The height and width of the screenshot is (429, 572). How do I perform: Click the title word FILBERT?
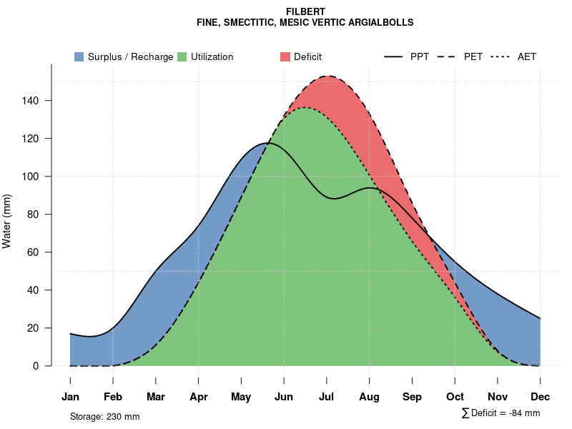pyautogui.click(x=305, y=12)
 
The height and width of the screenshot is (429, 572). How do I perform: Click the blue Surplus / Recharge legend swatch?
pyautogui.click(x=79, y=56)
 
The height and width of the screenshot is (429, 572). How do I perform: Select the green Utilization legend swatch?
pyautogui.click(x=182, y=56)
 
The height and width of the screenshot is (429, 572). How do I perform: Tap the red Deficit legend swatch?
pyautogui.click(x=285, y=56)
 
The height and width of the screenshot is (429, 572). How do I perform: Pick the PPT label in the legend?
pyautogui.click(x=420, y=56)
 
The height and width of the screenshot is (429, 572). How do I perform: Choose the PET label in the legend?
pyautogui.click(x=473, y=56)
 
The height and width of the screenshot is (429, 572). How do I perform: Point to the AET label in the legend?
pyautogui.click(x=527, y=56)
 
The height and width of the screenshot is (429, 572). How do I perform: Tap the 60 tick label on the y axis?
pyautogui.click(x=34, y=252)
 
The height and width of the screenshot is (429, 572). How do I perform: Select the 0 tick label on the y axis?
pyautogui.click(x=36, y=366)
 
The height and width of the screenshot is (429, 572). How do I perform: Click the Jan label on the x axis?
pyautogui.click(x=70, y=397)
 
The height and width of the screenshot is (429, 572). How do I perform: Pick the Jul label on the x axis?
pyautogui.click(x=327, y=397)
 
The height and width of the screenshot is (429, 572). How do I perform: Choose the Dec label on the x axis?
pyautogui.click(x=541, y=397)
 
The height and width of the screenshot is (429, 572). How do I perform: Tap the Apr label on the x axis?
pyautogui.click(x=199, y=397)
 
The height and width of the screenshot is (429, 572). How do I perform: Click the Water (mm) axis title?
pyautogui.click(x=7, y=221)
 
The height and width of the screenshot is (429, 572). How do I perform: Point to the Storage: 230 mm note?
pyautogui.click(x=104, y=416)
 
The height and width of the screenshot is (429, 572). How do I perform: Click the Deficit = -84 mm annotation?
pyautogui.click(x=505, y=413)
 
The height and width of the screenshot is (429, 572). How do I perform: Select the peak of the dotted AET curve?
pyautogui.click(x=306, y=107)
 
